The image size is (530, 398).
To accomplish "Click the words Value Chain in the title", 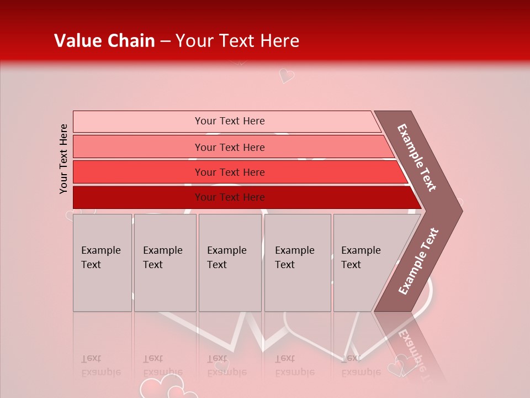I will (x=104, y=41).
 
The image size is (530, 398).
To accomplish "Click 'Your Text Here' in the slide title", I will (x=237, y=41).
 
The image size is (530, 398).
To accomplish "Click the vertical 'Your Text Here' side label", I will (x=63, y=159).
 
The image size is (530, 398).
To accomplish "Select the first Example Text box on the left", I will (x=102, y=263).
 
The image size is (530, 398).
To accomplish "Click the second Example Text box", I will (x=165, y=263).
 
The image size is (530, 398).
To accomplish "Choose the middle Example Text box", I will (x=230, y=263).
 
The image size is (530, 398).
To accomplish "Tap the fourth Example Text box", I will (x=297, y=263).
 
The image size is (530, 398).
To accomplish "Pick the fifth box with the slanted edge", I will (x=364, y=263).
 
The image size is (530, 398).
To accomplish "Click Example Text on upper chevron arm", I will (x=417, y=158).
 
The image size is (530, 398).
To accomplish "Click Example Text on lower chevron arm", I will (x=418, y=261).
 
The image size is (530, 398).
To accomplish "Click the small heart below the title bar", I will (x=286, y=75).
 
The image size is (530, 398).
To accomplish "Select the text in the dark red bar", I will (x=230, y=197).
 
